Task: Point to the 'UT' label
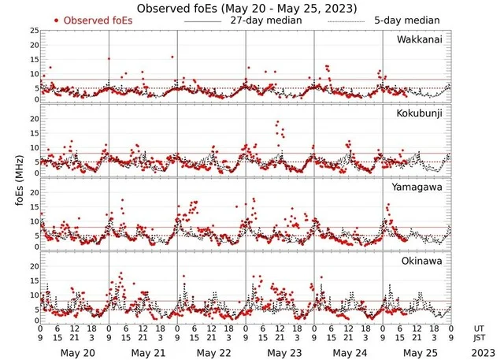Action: [x=480, y=328]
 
